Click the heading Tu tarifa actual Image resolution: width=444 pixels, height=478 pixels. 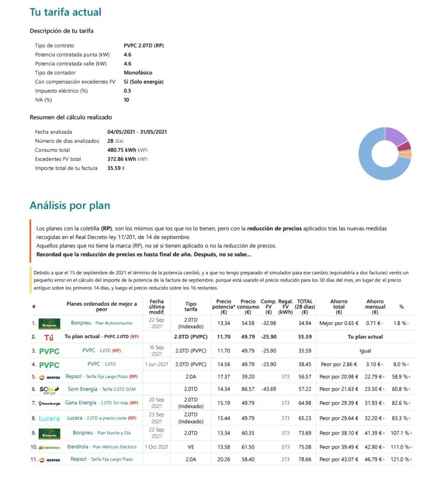[x=65, y=12]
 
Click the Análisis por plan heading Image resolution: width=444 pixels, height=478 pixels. [x=70, y=205]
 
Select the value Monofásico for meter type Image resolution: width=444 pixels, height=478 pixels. [x=138, y=73]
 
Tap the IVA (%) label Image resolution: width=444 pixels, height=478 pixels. [x=43, y=100]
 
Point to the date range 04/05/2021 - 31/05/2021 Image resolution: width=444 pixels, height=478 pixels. [x=137, y=132]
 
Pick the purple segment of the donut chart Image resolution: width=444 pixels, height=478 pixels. [x=396, y=135]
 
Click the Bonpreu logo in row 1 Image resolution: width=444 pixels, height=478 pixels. [x=49, y=323]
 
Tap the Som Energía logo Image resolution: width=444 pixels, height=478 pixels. [x=49, y=389]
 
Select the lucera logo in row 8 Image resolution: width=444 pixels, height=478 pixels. [x=49, y=418]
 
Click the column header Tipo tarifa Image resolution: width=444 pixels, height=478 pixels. [x=191, y=306]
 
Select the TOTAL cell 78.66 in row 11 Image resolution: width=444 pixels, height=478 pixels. [x=305, y=459]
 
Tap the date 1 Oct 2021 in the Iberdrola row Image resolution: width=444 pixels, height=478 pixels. [x=156, y=447]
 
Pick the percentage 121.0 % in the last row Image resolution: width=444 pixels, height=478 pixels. [x=400, y=459]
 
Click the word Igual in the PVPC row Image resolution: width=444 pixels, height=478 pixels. [x=365, y=351]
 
